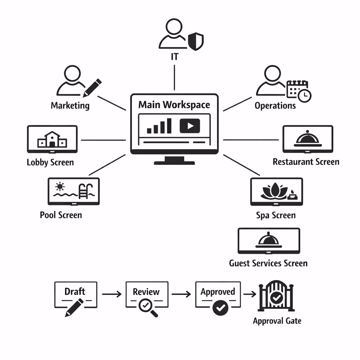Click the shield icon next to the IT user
(x=196, y=41)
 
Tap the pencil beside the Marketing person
(x=92, y=88)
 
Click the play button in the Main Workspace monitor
(x=189, y=126)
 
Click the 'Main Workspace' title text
(x=174, y=105)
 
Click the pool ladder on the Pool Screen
(x=84, y=191)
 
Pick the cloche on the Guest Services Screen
(x=269, y=240)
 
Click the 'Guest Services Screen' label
(x=268, y=263)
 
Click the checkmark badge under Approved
(x=220, y=308)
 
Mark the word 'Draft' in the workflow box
(x=75, y=291)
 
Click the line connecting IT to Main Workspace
(x=174, y=77)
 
